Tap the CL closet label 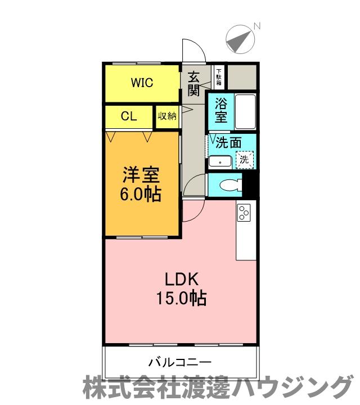129,116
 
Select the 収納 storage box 167,116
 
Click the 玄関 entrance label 193,83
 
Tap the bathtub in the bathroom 245,111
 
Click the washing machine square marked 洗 244,159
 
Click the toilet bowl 231,184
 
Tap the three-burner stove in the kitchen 244,211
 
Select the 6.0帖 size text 141,195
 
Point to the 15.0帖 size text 181,298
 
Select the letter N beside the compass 256,26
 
